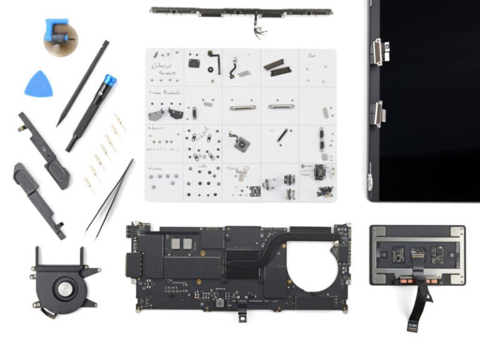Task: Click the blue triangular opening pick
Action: (38, 84)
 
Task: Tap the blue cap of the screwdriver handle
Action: (109, 81)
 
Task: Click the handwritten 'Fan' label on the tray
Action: (312, 56)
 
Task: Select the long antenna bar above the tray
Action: (241, 11)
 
